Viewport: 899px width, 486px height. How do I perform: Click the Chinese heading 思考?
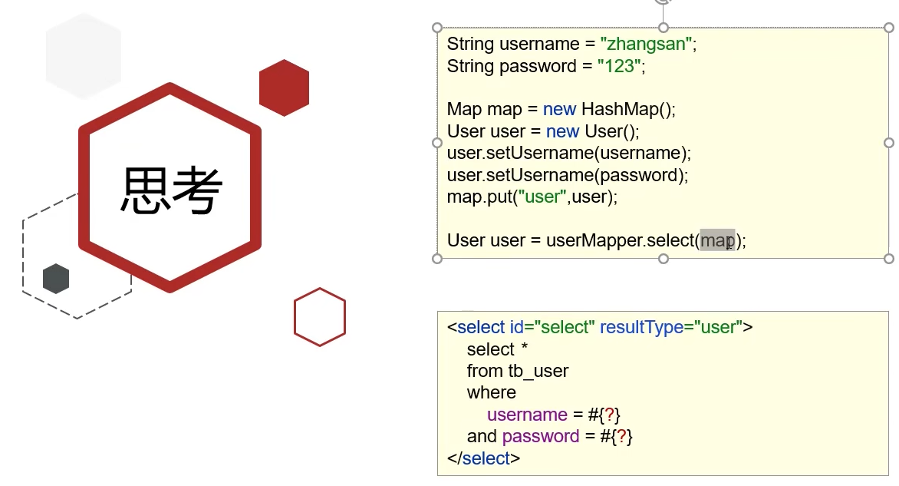point(171,190)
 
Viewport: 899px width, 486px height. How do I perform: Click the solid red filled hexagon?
point(284,88)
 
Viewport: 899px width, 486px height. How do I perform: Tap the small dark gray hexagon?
point(56,278)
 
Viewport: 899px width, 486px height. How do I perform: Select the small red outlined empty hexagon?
point(320,316)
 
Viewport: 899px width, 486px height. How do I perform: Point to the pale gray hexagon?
point(84,57)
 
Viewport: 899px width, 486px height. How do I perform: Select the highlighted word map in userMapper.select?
point(717,240)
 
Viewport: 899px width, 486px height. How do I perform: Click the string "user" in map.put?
point(542,197)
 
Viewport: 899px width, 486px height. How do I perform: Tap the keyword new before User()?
point(562,131)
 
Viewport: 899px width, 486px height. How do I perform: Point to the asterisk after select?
point(524,349)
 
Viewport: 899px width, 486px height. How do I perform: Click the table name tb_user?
point(538,372)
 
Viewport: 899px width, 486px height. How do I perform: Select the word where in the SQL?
point(491,393)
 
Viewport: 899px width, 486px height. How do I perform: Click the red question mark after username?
point(610,415)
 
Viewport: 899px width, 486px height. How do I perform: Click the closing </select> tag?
point(483,458)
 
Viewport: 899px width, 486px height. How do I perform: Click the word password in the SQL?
point(540,437)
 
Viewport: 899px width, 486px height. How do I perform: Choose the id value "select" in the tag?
point(567,327)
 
